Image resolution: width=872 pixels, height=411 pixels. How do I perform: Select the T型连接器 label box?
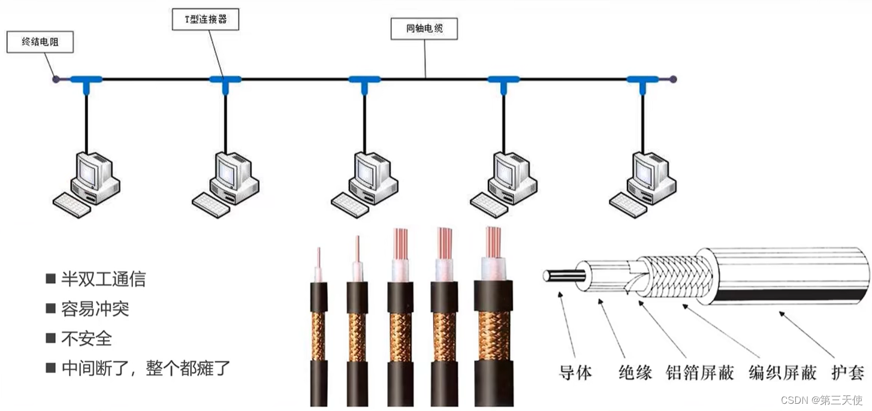pyautogui.click(x=205, y=19)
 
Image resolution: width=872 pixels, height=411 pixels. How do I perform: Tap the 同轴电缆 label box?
pyautogui.click(x=424, y=28)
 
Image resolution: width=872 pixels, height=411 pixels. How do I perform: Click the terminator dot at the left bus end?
pyautogui.click(x=55, y=78)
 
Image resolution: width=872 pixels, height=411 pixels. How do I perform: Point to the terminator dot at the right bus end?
pyautogui.click(x=673, y=78)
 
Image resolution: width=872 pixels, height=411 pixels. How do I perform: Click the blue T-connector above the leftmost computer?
pyautogui.click(x=86, y=81)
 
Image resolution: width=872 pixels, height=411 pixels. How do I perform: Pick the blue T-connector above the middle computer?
pyautogui.click(x=364, y=81)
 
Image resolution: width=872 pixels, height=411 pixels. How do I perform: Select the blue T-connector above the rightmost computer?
pyautogui.click(x=642, y=81)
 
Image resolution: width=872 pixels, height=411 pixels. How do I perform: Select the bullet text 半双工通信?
pyautogui.click(x=103, y=279)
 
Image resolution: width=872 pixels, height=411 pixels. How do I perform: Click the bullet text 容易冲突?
pyautogui.click(x=95, y=309)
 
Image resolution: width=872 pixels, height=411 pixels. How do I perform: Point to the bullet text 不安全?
pyautogui.click(x=86, y=338)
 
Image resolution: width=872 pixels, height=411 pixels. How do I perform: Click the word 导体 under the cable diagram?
pyautogui.click(x=575, y=373)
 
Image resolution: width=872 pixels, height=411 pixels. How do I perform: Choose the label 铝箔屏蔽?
pyautogui.click(x=700, y=373)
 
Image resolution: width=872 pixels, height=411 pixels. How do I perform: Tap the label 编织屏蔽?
pyautogui.click(x=783, y=373)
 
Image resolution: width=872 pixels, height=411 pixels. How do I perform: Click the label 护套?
pyautogui.click(x=847, y=373)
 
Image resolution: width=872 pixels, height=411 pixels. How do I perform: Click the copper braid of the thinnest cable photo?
pyautogui.click(x=319, y=336)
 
